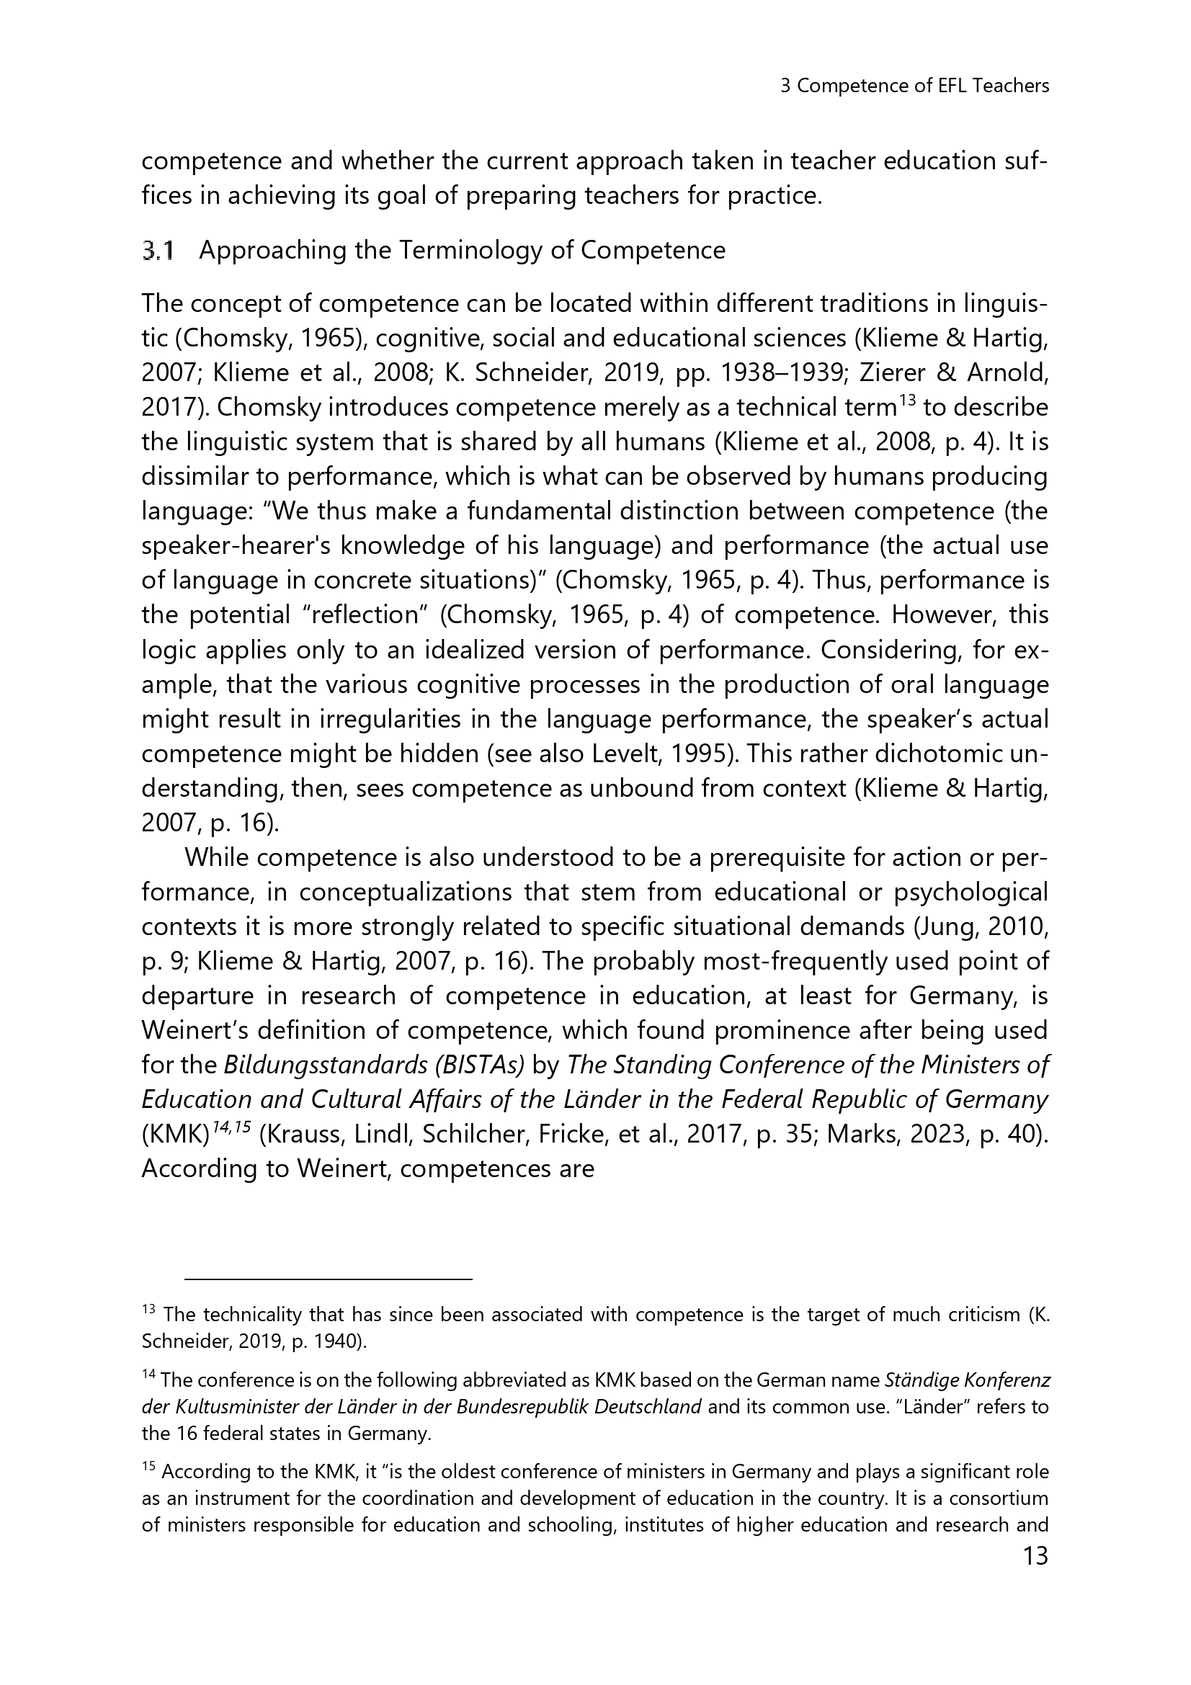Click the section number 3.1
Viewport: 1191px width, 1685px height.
[158, 251]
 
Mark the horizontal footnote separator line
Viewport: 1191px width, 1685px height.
[328, 1279]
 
